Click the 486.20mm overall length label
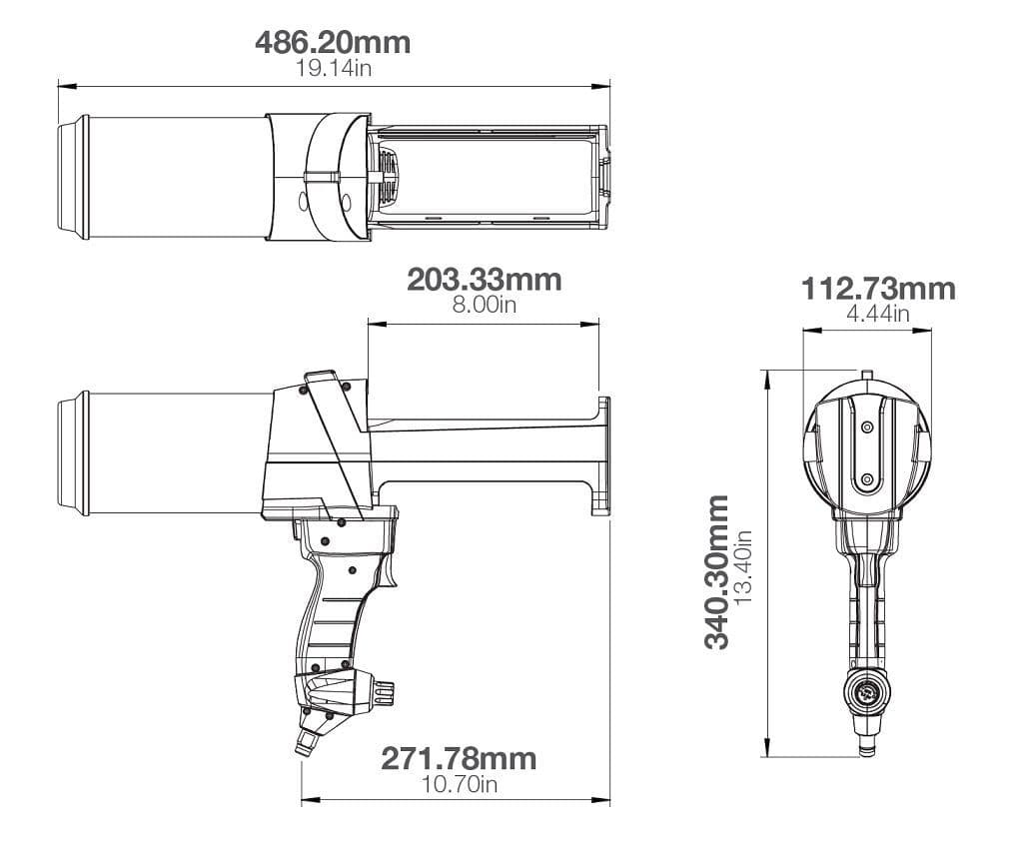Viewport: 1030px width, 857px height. pyautogui.click(x=333, y=44)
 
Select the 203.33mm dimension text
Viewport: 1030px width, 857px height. pyautogui.click(x=484, y=280)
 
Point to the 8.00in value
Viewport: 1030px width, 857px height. pyautogui.click(x=484, y=305)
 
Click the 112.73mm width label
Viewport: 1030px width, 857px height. pyautogui.click(x=878, y=290)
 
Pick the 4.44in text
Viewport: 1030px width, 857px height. pyautogui.click(x=878, y=314)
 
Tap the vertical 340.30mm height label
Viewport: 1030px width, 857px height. pyautogui.click(x=718, y=571)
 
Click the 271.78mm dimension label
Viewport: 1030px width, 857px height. pyautogui.click(x=459, y=759)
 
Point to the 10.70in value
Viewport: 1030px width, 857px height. pyautogui.click(x=459, y=783)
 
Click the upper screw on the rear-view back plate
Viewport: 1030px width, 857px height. pyautogui.click(x=866, y=427)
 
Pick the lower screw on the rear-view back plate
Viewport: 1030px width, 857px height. pyautogui.click(x=866, y=480)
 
